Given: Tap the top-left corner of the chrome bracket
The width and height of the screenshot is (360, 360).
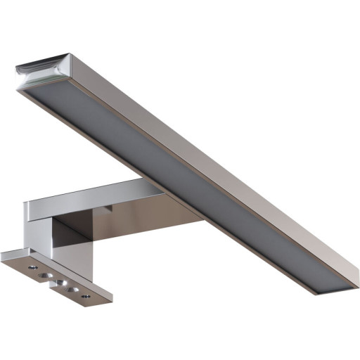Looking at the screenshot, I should coord(25,203).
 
